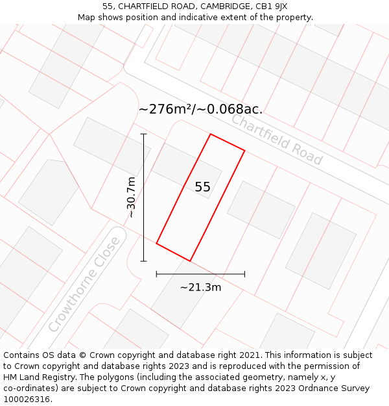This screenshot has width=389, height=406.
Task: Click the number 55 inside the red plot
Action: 202,187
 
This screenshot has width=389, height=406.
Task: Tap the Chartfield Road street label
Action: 277,140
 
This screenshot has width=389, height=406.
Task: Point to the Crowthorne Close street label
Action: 85,284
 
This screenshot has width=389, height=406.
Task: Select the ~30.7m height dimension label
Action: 131,197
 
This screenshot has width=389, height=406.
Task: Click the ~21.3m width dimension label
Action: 200,287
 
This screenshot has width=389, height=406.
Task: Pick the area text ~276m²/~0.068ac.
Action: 200,109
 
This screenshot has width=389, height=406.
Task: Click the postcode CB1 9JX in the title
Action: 271,6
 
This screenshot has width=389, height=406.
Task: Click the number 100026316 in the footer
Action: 27,400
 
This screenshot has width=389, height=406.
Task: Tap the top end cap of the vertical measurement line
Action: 143,134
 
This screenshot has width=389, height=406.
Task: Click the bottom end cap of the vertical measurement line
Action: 143,261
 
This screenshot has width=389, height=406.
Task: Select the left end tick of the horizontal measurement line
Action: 156,274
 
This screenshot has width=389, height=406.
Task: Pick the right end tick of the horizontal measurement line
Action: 244,274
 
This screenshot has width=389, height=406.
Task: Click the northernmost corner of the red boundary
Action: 211,134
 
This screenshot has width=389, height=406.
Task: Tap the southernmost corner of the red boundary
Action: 190,261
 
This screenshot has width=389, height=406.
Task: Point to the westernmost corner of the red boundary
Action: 156,244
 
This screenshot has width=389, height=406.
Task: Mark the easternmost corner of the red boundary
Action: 244,151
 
